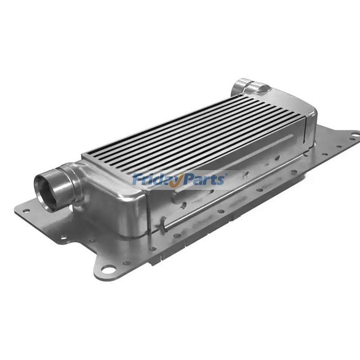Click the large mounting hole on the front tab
click(x=108, y=270)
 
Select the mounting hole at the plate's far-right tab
click(x=354, y=135)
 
